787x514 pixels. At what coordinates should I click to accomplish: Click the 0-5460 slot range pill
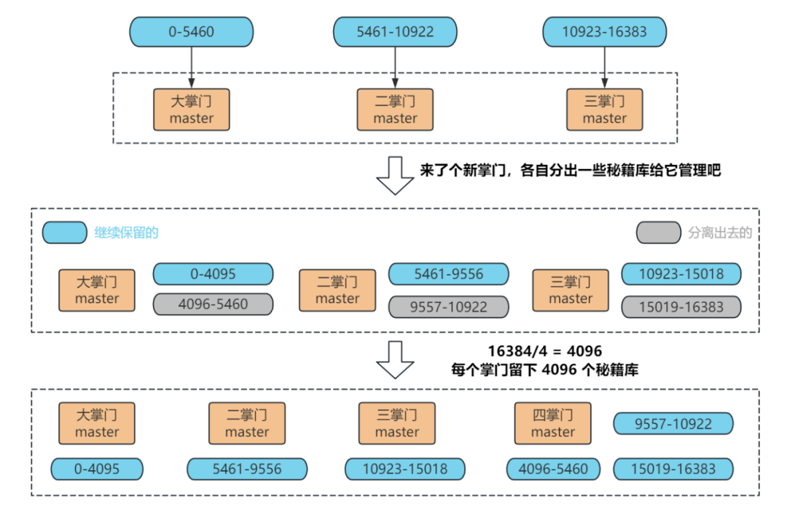(191, 31)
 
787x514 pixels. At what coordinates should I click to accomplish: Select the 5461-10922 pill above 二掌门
(395, 31)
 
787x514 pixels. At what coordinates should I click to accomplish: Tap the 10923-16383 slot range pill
(604, 31)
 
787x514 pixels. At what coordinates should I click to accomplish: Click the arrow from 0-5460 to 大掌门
(191, 68)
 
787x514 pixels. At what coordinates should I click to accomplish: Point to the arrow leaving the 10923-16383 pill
(604, 68)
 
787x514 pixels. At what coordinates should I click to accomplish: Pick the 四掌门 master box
(552, 423)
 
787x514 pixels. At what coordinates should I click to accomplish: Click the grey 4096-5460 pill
(213, 304)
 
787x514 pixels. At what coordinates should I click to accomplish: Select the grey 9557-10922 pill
(448, 307)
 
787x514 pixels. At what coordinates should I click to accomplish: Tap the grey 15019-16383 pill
(681, 307)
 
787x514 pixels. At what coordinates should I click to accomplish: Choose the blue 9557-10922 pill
(673, 424)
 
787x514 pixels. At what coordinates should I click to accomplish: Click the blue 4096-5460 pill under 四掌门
(553, 469)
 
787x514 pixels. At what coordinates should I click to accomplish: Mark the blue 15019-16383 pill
(673, 469)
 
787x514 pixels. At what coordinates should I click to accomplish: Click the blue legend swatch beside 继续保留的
(65, 233)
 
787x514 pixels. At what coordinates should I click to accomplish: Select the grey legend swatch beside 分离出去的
(659, 233)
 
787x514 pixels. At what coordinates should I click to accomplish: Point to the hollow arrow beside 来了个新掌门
(395, 175)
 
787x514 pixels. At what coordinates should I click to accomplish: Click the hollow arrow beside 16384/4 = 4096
(395, 360)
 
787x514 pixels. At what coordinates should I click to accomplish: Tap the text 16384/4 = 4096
(544, 351)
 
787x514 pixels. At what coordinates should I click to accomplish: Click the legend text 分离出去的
(720, 233)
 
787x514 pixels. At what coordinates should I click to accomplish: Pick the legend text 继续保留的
(127, 233)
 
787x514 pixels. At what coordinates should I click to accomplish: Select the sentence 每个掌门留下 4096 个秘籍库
(544, 370)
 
